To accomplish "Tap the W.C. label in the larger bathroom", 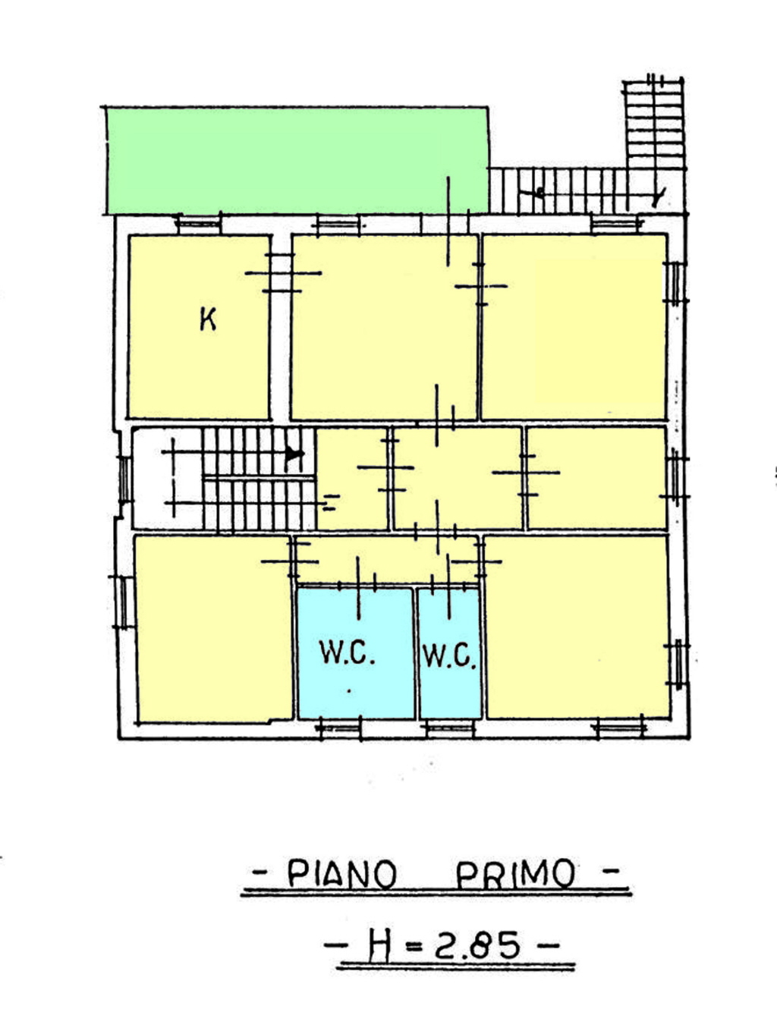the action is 347,652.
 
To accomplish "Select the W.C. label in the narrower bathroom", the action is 449,656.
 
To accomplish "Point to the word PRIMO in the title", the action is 515,873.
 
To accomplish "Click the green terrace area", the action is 297,161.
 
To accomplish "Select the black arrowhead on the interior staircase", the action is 294,454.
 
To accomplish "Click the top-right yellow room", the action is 574,327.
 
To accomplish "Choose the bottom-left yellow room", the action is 214,630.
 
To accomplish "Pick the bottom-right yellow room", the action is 577,627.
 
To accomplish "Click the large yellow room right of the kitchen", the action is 384,328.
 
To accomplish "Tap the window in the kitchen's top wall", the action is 199,225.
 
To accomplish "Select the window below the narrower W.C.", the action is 449,728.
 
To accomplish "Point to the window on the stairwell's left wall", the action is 124,479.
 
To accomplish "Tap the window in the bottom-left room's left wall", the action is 123,602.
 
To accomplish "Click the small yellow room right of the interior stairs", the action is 352,478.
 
